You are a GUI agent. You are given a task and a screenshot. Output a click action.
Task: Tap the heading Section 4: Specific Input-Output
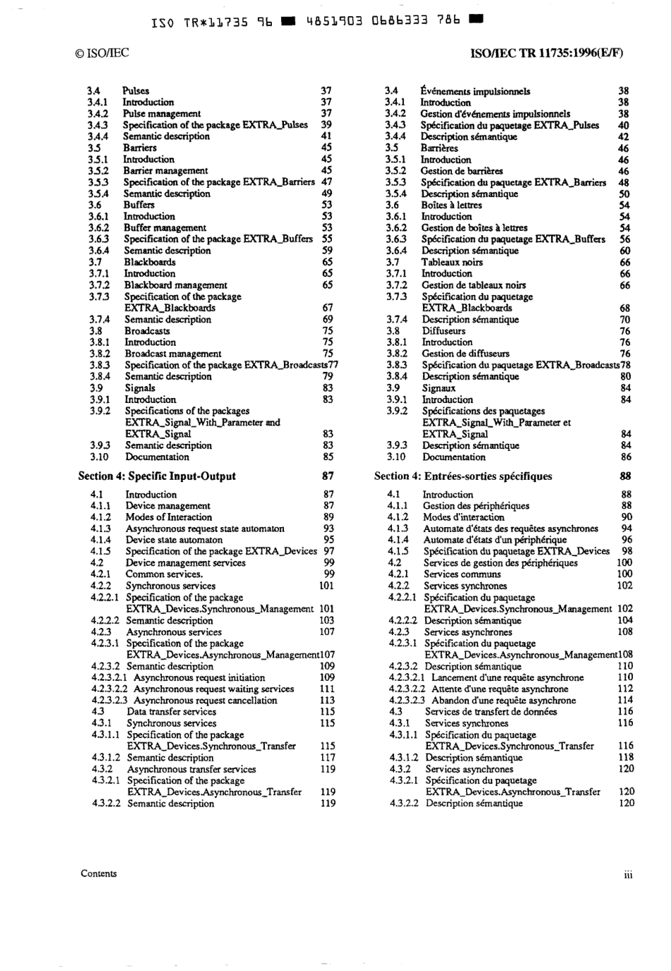pyautogui.click(x=157, y=476)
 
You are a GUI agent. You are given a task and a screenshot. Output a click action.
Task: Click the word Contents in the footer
pyautogui.click(x=99, y=874)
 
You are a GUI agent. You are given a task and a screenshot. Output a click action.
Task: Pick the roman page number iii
pyautogui.click(x=628, y=875)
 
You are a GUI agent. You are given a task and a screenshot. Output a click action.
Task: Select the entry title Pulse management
pyautogui.click(x=162, y=114)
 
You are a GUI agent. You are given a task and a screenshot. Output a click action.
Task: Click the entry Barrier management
pyautogui.click(x=166, y=171)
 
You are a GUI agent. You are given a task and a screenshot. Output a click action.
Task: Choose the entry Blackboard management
pyautogui.click(x=176, y=285)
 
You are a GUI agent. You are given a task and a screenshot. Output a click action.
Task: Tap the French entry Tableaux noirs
pyautogui.click(x=452, y=262)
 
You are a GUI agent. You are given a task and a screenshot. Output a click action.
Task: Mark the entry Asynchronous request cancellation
pyautogui.click(x=206, y=701)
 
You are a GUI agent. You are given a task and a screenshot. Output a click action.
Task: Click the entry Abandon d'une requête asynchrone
pyautogui.click(x=504, y=701)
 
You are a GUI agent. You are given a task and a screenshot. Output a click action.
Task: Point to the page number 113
pyautogui.click(x=327, y=701)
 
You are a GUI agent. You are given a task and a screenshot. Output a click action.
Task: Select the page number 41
pyautogui.click(x=326, y=136)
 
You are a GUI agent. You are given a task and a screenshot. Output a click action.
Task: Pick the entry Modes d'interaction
pyautogui.click(x=459, y=517)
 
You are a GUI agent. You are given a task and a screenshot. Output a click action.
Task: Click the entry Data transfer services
pyautogui.click(x=172, y=712)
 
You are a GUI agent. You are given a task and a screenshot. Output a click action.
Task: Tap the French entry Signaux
pyautogui.click(x=439, y=388)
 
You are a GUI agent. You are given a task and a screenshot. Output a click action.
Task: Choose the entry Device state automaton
pyautogui.click(x=174, y=540)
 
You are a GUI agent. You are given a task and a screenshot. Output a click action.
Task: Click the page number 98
pyautogui.click(x=627, y=551)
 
